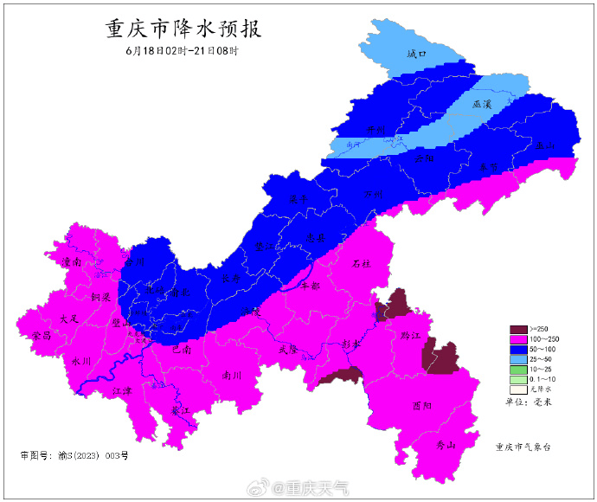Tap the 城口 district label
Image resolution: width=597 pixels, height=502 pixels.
pyautogui.click(x=418, y=54)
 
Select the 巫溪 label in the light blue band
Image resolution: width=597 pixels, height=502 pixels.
pyautogui.click(x=482, y=105)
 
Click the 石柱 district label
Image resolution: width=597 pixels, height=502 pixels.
pyautogui.click(x=362, y=264)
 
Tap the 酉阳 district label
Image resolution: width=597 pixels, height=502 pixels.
pyautogui.click(x=421, y=405)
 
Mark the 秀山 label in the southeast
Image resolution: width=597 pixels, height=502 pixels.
pyautogui.click(x=445, y=445)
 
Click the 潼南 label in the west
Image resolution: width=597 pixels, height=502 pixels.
pyautogui.click(x=70, y=261)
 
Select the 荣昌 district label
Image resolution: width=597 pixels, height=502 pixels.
pyautogui.click(x=41, y=334)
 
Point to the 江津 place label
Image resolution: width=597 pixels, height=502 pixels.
pyautogui.click(x=122, y=390)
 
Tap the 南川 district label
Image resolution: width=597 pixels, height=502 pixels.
pyautogui.click(x=231, y=376)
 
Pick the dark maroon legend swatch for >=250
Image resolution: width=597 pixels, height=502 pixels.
pyautogui.click(x=517, y=329)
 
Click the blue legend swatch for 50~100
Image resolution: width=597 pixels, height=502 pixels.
pyautogui.click(x=517, y=349)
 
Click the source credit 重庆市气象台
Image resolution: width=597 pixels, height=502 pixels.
pyautogui.click(x=523, y=447)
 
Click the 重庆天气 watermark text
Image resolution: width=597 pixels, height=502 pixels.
pyautogui.click(x=318, y=489)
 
